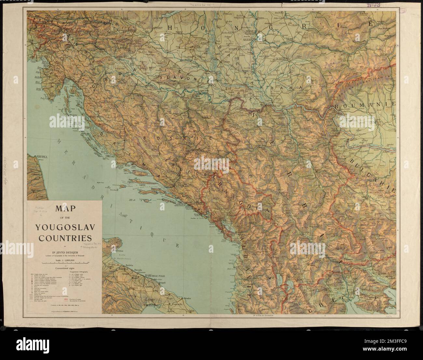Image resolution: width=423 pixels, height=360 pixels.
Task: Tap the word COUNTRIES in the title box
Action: click(x=64, y=237)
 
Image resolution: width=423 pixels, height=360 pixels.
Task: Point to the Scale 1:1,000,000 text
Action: click(x=64, y=260)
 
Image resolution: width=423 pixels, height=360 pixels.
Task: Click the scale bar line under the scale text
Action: click(x=64, y=263)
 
